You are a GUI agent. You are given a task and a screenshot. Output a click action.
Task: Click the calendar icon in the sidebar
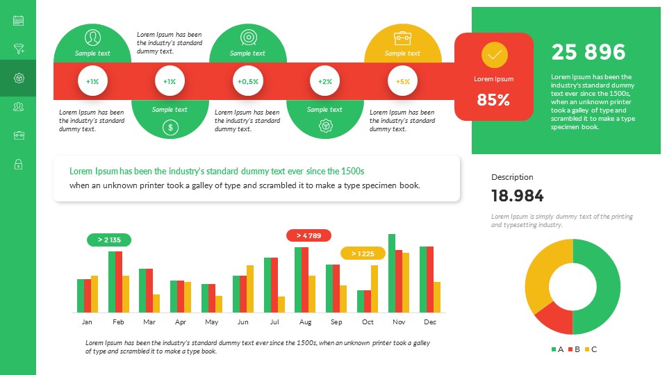click(x=18, y=21)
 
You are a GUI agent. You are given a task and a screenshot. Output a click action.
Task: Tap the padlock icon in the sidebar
click(x=18, y=165)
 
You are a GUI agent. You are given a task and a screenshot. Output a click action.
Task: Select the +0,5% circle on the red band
click(x=248, y=81)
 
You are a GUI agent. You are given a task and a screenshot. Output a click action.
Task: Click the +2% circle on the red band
click(x=325, y=81)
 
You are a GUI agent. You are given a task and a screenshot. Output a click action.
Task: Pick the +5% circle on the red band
click(x=402, y=81)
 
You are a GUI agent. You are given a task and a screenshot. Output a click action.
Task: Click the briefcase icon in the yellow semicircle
click(x=402, y=38)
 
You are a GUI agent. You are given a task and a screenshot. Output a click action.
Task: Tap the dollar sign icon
click(x=170, y=127)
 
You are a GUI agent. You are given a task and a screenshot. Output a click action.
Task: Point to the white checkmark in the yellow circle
click(x=494, y=54)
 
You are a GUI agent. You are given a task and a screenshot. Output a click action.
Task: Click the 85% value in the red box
click(x=493, y=100)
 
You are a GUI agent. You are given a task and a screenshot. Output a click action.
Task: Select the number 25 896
click(x=588, y=52)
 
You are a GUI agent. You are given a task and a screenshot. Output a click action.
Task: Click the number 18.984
click(x=518, y=196)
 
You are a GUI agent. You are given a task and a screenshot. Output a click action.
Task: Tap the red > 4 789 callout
click(x=308, y=235)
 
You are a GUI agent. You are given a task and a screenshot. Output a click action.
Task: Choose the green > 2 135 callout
click(x=109, y=240)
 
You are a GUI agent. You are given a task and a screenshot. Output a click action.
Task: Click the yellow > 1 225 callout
click(x=363, y=253)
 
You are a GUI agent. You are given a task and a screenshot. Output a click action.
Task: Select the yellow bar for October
click(x=374, y=289)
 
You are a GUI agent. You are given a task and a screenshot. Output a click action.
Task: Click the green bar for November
click(x=392, y=273)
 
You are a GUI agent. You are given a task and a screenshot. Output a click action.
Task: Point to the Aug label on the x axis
click(x=305, y=322)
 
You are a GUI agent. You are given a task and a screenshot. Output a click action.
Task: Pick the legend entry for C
click(x=591, y=349)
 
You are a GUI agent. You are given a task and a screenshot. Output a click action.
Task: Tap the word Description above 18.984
click(x=512, y=177)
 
